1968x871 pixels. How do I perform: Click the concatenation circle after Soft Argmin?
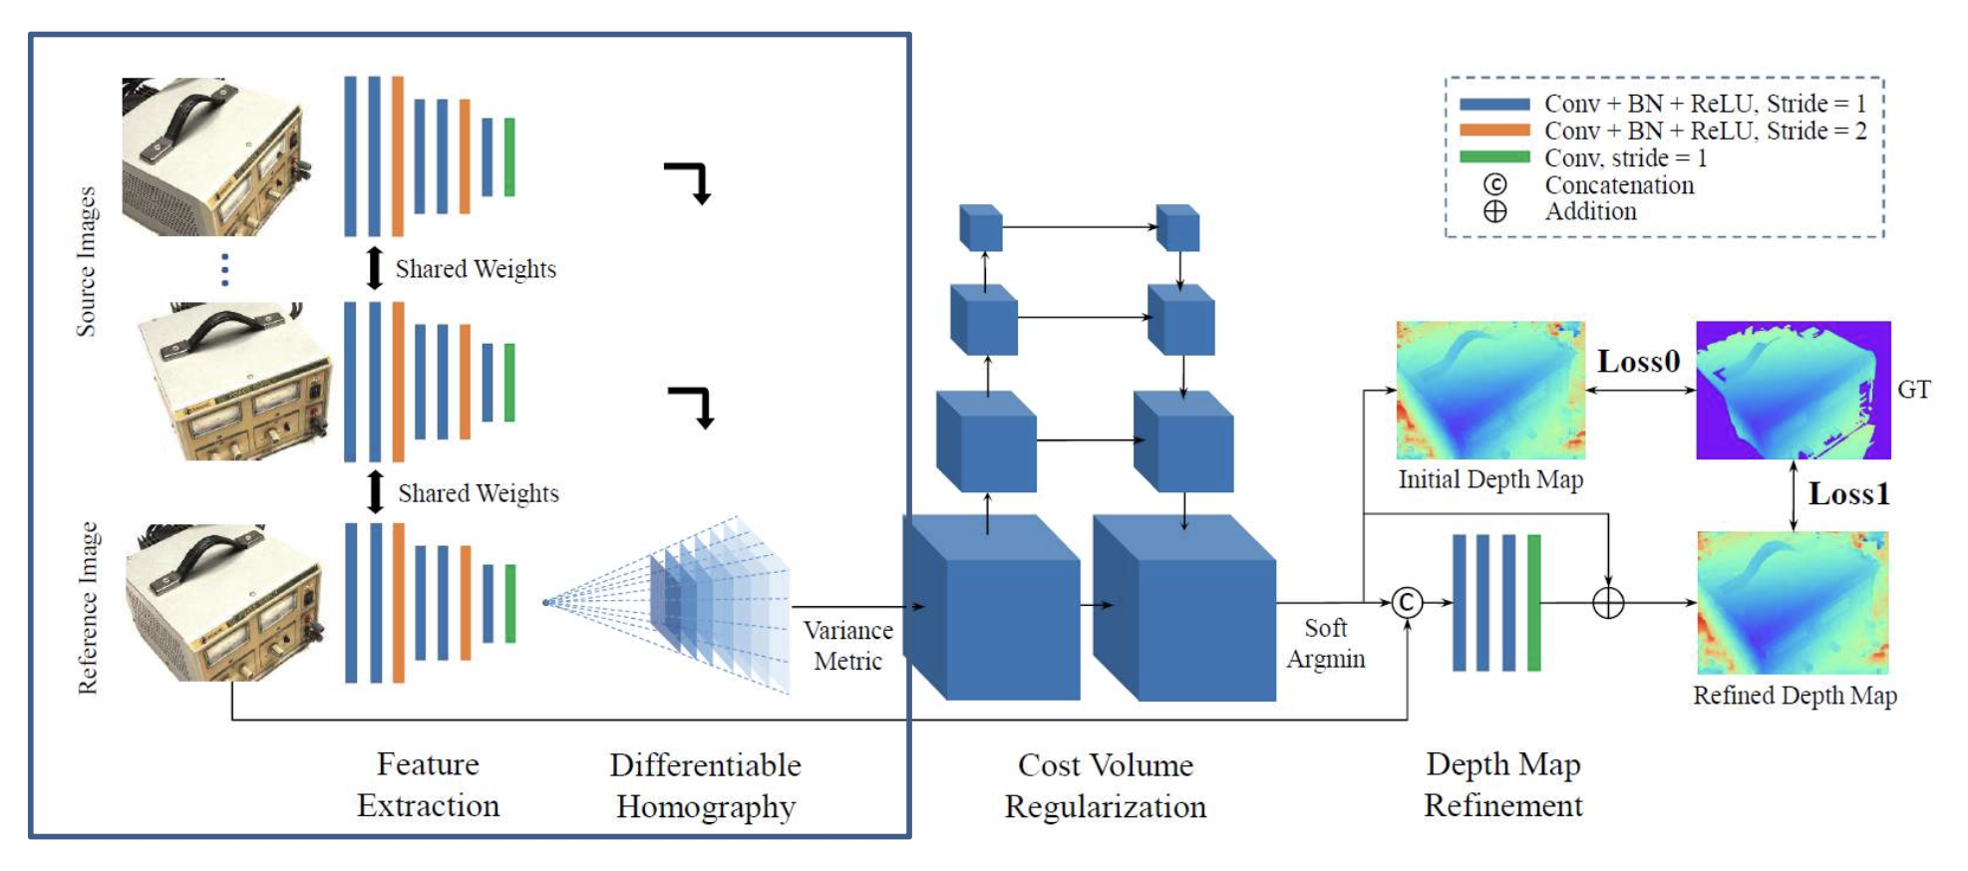point(1407,603)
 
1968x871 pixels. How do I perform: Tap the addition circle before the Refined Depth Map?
point(1608,603)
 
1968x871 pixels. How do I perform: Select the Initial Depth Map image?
point(1490,390)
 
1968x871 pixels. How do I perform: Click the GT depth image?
point(1793,390)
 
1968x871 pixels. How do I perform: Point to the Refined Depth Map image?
point(1793,603)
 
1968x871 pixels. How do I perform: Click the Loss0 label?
point(1638,362)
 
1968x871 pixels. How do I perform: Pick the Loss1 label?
point(1848,494)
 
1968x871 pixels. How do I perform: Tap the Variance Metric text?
point(847,646)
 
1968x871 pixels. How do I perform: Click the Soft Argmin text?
point(1325,644)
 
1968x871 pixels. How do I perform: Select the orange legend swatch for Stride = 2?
point(1493,131)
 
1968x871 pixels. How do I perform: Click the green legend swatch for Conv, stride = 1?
point(1493,157)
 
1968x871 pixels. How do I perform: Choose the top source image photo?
point(216,156)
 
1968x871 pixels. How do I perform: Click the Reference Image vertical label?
point(89,608)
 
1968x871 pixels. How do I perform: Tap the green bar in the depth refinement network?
point(1533,603)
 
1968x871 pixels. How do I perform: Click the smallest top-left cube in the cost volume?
point(981,228)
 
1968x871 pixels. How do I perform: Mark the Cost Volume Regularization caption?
point(1105,785)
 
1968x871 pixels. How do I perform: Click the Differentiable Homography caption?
point(706,785)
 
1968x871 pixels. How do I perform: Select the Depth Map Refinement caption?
point(1502,784)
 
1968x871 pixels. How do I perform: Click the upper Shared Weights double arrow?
point(374,268)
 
